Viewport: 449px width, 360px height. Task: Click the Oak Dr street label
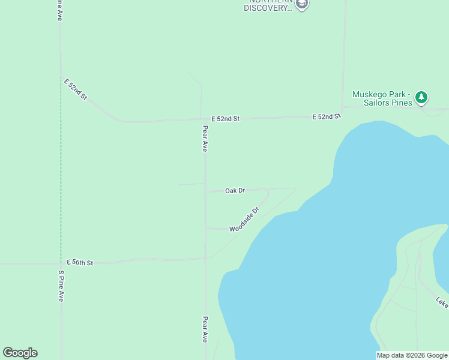235,191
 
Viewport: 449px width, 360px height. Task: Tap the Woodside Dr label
244,220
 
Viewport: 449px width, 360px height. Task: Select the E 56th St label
80,263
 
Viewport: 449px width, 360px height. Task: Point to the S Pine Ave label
61,286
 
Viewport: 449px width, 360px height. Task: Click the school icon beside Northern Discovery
302,5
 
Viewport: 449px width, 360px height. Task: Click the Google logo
20,353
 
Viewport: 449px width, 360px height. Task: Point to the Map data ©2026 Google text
412,355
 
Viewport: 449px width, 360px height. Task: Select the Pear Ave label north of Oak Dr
205,138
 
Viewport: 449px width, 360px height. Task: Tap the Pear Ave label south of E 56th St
205,329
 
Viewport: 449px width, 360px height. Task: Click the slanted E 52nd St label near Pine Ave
77,88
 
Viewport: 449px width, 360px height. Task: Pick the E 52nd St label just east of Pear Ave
225,119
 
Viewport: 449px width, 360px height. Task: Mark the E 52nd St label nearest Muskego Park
327,116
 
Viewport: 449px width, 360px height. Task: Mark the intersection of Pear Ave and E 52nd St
205,119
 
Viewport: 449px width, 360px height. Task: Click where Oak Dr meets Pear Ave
205,191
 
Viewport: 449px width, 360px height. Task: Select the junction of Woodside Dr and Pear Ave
205,228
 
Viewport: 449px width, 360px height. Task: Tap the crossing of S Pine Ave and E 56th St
61,263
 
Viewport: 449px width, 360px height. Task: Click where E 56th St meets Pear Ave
205,259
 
